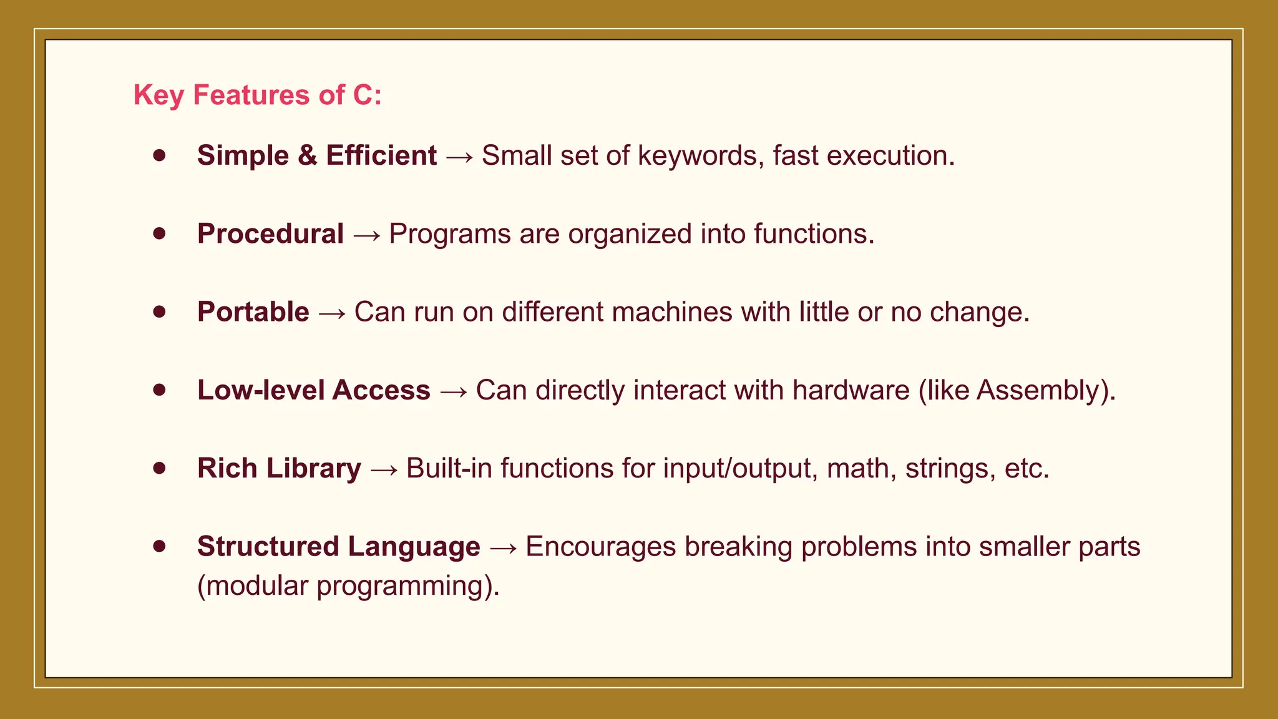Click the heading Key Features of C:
(257, 95)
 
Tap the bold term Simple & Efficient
(316, 155)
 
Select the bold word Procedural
(270, 234)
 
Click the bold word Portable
(253, 312)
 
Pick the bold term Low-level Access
(313, 390)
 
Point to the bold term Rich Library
(279, 468)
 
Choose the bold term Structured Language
(338, 547)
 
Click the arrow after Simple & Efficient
(459, 157)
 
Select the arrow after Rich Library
(384, 469)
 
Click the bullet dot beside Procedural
(160, 233)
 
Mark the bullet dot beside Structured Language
(160, 546)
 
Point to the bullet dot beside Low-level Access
(160, 389)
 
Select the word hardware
(851, 390)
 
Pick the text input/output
(740, 469)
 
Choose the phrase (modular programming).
(348, 586)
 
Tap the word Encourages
(600, 547)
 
